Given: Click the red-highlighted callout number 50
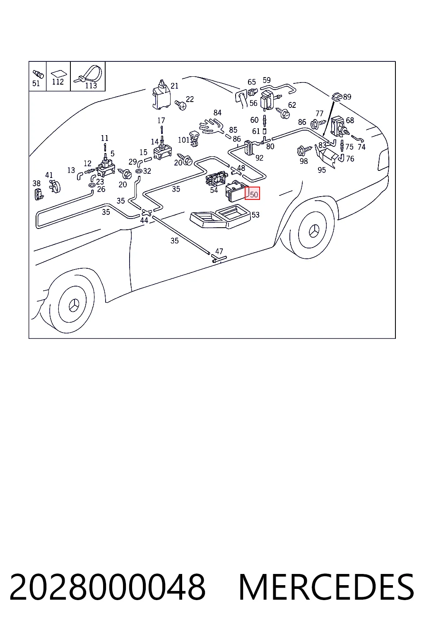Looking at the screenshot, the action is coord(254,195).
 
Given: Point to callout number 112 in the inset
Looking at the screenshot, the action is coord(58,82).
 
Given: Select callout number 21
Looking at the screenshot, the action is coord(174,86).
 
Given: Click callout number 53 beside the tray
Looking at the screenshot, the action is coord(255,215).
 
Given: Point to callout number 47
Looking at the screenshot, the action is coord(219,251).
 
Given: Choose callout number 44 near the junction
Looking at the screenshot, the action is coord(144,220).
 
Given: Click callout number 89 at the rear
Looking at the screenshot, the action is coord(347,97).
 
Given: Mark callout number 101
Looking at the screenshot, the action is coord(183,140).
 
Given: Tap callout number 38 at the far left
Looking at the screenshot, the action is coord(36,183).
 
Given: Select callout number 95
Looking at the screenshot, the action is coord(321,170).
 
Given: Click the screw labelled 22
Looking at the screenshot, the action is coord(181,105).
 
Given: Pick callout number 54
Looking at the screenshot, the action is coord(214,190).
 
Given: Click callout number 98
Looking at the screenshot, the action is coord(304,161).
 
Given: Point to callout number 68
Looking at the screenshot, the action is coord(350,120).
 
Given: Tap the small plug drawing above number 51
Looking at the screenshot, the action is coord(38,74).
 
